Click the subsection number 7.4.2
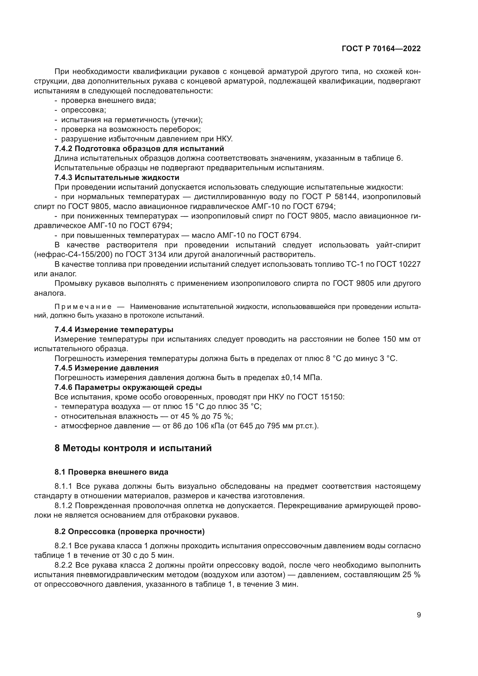[x=63, y=148]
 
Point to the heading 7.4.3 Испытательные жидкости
[x=117, y=177]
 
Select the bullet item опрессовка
[x=83, y=110]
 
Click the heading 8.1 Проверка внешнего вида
[x=111, y=472]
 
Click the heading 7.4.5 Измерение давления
[x=107, y=368]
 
